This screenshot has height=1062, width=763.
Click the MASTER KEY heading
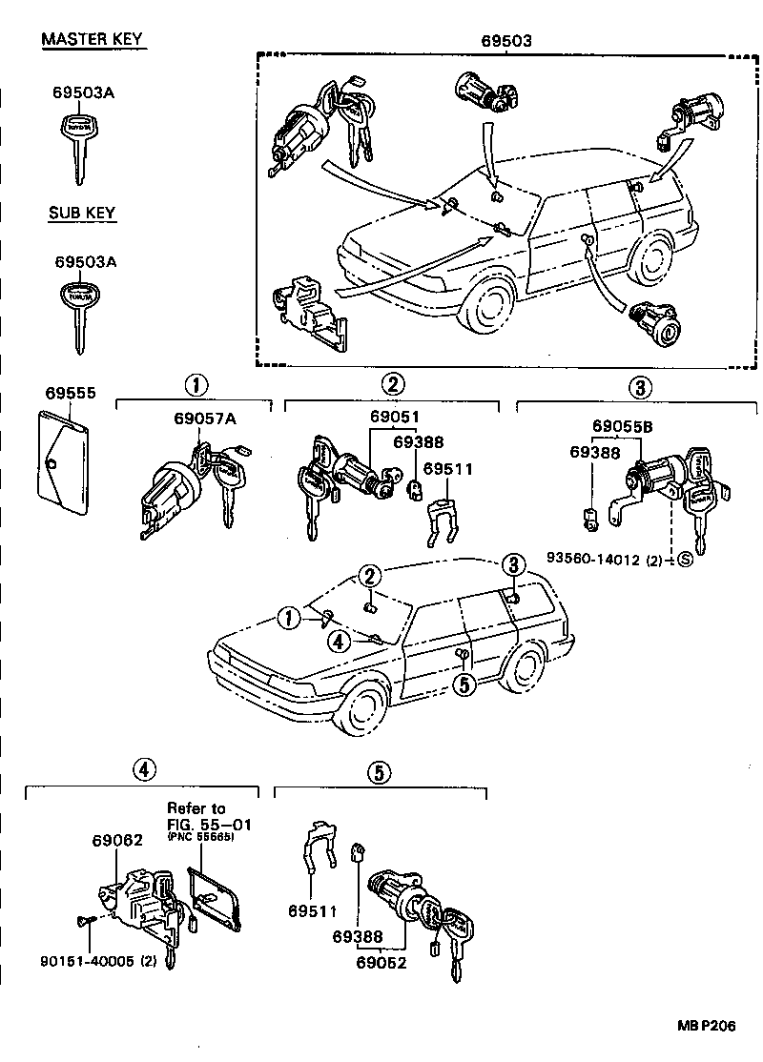click(93, 39)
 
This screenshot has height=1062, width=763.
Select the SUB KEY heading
click(82, 213)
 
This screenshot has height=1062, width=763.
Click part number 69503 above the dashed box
click(505, 41)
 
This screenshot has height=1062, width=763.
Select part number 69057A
click(205, 418)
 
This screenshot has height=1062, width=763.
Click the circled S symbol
click(685, 559)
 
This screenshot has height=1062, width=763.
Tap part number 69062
click(117, 841)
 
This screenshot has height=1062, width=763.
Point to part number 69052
click(383, 962)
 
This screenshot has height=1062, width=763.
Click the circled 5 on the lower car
click(464, 684)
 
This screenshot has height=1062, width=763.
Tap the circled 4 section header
click(141, 770)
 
